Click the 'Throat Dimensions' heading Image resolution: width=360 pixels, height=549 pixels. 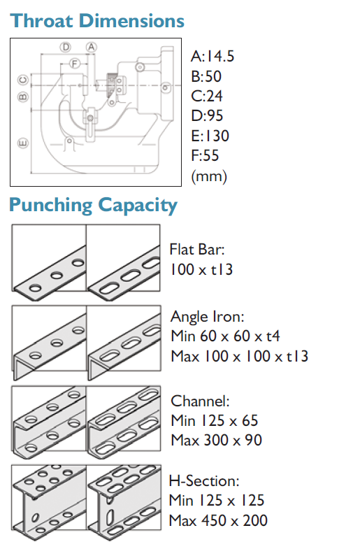tap(97, 21)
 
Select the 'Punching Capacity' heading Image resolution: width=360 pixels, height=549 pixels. tap(93, 205)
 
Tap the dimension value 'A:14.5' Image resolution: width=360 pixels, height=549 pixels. tap(213, 56)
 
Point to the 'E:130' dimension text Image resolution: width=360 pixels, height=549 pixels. tap(210, 136)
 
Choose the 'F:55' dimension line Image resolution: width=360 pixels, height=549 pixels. tap(205, 155)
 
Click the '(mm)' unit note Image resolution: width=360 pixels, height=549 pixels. tap(209, 176)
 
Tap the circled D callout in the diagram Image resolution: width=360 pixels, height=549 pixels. tap(66, 47)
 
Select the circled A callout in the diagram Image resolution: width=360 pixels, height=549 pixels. tap(92, 47)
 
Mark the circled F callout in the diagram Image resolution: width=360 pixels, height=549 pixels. tap(74, 64)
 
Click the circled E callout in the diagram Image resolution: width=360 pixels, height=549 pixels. tap(23, 143)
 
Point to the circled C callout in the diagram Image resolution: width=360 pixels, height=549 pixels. tap(23, 80)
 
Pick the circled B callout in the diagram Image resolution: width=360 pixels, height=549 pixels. tap(23, 97)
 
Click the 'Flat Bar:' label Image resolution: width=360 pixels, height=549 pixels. tap(197, 250)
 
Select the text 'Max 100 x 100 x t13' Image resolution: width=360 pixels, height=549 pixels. tap(240, 357)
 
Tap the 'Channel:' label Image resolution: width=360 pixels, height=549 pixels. tap(200, 401)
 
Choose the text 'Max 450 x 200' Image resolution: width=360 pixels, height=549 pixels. tap(218, 520)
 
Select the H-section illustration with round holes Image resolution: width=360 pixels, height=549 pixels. tap(49, 497)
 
